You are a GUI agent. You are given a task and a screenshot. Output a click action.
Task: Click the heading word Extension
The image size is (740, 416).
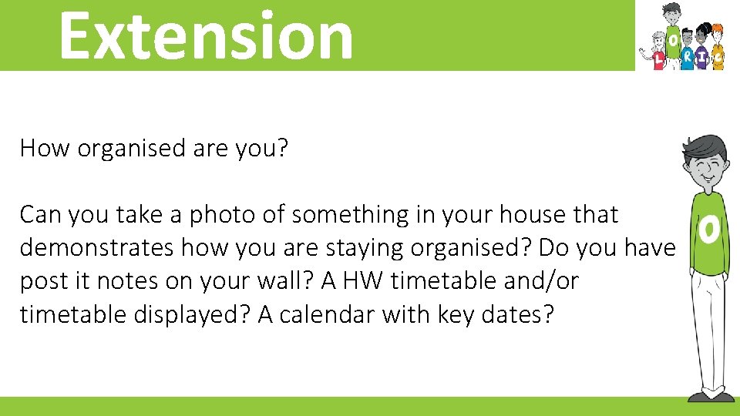point(205,35)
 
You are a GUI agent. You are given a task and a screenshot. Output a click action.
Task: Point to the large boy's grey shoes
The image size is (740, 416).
point(711,396)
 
